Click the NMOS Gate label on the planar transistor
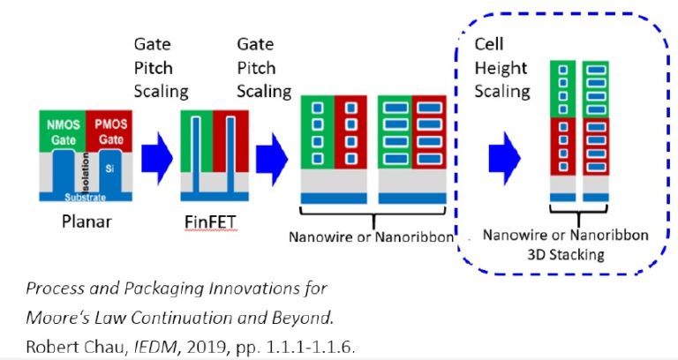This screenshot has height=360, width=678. pos(59,131)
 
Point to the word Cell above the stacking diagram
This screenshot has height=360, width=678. pos(489,43)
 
